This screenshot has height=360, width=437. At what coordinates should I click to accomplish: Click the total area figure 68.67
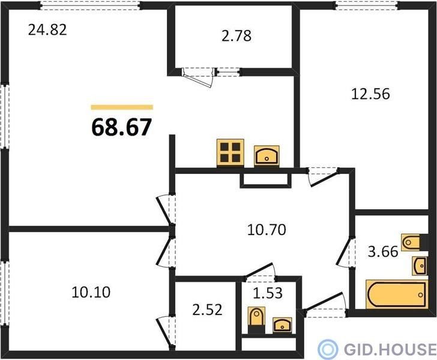click(x=121, y=127)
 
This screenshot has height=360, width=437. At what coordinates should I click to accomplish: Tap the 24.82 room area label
click(x=47, y=30)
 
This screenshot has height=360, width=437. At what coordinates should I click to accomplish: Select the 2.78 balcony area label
click(x=237, y=36)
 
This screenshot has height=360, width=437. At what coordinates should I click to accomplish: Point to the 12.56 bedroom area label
click(x=370, y=94)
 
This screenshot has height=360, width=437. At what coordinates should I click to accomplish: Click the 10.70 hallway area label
click(x=267, y=230)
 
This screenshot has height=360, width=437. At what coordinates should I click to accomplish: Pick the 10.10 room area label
click(x=91, y=292)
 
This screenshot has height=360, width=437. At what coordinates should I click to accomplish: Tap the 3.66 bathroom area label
click(x=383, y=251)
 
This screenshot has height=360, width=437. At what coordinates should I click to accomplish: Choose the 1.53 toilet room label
click(x=268, y=293)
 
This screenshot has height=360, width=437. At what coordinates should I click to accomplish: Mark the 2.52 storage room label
click(x=207, y=310)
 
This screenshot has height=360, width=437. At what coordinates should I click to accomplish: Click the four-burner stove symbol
click(x=231, y=153)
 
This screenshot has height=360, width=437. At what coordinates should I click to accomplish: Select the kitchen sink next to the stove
click(x=267, y=156)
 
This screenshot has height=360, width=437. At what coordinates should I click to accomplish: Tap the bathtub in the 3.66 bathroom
click(x=396, y=294)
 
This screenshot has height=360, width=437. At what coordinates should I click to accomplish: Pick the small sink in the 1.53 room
click(x=282, y=325)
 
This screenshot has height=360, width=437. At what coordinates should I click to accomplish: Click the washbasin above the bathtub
click(x=420, y=266)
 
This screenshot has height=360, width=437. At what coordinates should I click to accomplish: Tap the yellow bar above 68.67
click(x=122, y=107)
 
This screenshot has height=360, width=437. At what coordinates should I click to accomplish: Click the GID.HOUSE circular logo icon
click(x=328, y=349)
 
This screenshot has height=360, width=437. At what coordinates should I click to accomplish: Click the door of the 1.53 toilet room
click(x=261, y=271)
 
